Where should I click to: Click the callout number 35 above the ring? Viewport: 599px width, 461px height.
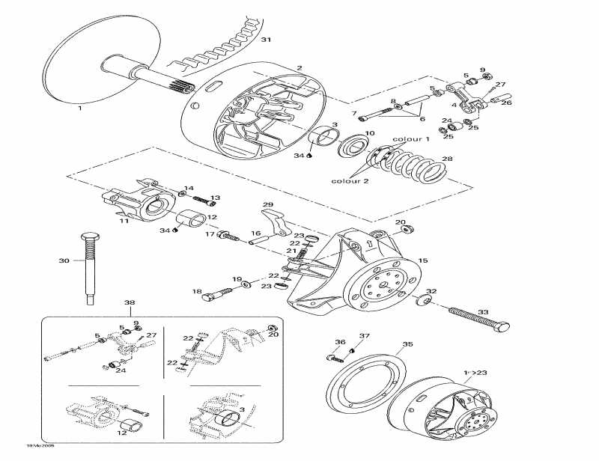coord(407,345)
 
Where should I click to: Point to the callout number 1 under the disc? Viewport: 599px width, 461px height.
coord(80,108)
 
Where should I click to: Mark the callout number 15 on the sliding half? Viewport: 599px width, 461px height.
coord(422,260)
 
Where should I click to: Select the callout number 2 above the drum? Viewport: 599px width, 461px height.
coord(299,68)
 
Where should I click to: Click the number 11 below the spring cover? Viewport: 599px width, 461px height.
coord(124,222)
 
